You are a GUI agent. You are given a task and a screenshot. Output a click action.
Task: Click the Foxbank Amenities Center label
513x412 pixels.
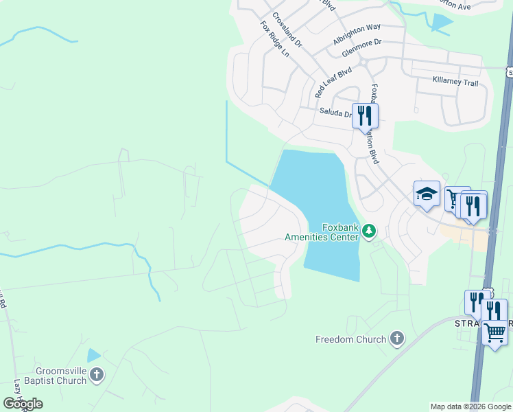click(322, 232)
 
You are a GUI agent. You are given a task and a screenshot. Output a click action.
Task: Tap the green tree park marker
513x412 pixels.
click(370, 230)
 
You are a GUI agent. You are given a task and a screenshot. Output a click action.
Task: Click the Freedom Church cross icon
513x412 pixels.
click(396, 338)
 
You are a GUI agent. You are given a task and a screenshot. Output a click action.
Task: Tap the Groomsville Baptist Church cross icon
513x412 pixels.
click(97, 375)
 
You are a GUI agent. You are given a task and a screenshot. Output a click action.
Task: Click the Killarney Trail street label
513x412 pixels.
click(455, 81)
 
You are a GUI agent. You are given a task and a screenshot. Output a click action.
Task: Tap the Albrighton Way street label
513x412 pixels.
click(357, 34)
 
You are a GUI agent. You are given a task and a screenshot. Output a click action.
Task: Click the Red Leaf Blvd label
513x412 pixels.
click(333, 82)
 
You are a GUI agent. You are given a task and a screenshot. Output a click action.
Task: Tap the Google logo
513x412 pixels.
click(23, 404)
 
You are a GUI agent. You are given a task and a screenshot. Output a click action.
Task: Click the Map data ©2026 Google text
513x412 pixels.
click(470, 407)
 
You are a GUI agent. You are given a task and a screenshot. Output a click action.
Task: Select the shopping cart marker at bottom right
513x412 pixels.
click(495, 333)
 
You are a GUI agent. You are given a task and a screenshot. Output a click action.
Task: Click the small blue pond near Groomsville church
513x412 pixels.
click(93, 355)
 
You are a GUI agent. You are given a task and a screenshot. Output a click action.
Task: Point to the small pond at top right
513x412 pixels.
click(441, 23)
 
